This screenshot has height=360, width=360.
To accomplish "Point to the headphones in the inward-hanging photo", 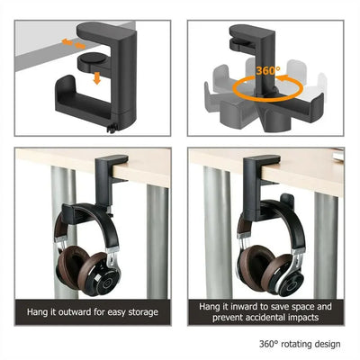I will coord(265,261).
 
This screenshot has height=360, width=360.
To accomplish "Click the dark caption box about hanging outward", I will coord(93,312).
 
